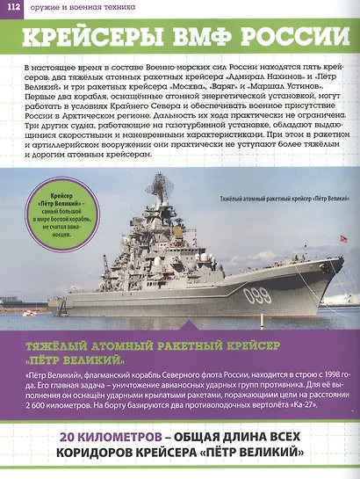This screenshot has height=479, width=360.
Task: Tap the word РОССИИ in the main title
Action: click(289, 39)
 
